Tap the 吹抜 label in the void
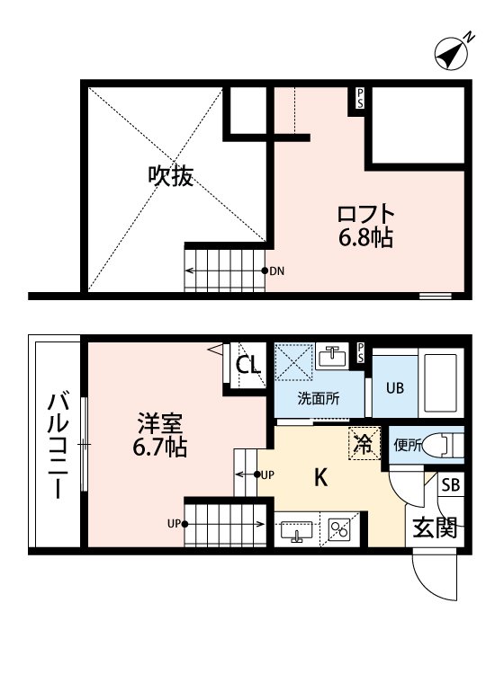pos(170,176)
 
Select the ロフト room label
pos(365,215)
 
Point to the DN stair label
pos(276,270)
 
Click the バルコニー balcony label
pos(56,444)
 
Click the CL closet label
pos(248,365)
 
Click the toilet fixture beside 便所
pos(443,444)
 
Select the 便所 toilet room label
pos(408,445)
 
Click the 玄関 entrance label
pos(435,527)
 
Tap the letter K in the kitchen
pos(319,478)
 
